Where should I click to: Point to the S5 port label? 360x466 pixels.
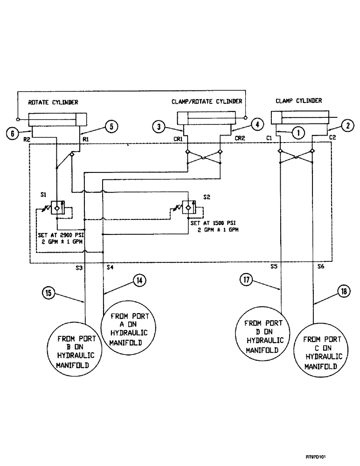274,267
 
